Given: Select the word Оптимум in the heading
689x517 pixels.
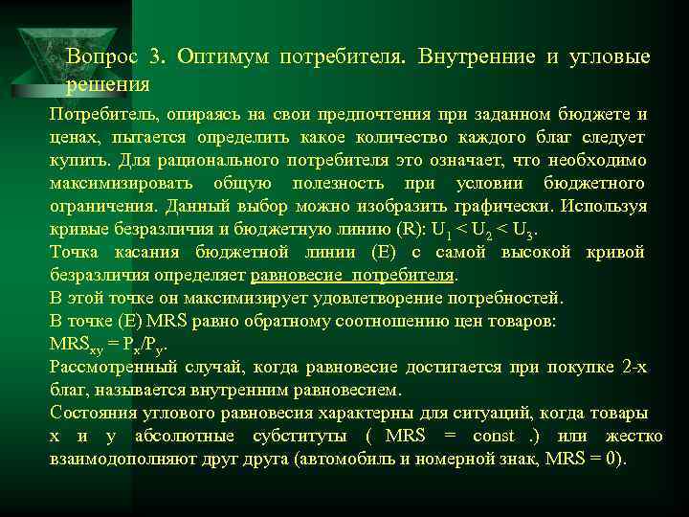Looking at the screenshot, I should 219,56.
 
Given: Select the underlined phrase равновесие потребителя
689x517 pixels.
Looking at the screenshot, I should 351,275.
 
